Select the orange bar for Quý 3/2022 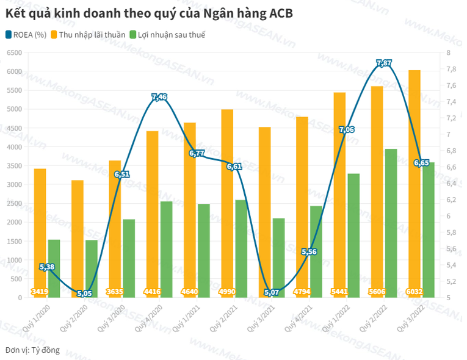414,183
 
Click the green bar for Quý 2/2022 391,223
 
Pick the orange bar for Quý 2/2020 78,238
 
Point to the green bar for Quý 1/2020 54,268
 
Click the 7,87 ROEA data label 384,63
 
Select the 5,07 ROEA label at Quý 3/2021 272,293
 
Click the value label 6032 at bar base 414,292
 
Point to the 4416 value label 152,292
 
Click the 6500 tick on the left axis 13,53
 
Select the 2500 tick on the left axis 13,204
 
